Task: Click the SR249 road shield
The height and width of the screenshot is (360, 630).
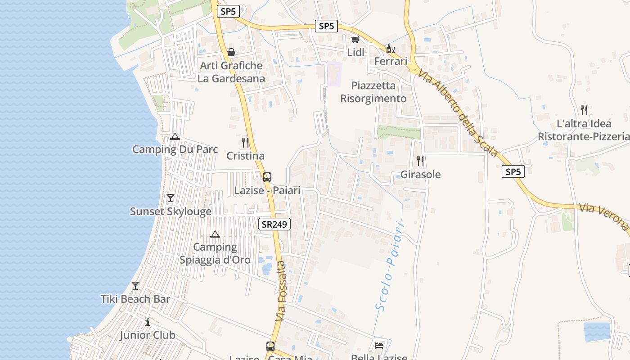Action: coord(274,224)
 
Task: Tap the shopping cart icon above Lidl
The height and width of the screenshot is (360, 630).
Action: coord(355,40)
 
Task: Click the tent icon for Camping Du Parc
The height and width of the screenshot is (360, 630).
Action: coord(175,136)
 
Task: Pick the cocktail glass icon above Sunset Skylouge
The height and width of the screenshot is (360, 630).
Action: coord(171,198)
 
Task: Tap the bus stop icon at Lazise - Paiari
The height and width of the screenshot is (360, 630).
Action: coord(267,177)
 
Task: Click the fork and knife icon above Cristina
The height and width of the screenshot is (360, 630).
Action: coord(245,143)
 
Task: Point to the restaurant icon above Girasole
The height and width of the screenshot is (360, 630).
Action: coord(420,161)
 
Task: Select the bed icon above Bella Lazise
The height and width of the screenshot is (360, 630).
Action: coord(379,345)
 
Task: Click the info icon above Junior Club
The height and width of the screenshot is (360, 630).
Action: coord(148,322)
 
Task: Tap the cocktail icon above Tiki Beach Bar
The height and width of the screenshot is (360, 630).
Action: coord(135,285)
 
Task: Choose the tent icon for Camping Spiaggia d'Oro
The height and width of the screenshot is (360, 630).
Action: coord(215,234)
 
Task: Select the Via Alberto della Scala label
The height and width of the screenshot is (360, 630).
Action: coord(457,112)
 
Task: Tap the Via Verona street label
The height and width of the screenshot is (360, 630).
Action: coord(603,217)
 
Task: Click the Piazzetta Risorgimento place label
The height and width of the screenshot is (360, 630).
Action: coord(373,92)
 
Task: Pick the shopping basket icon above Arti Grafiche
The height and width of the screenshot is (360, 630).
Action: coord(231,52)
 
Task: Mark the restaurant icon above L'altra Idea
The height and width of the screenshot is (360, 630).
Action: coord(584,110)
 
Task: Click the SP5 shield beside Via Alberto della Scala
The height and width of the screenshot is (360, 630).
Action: coord(513,171)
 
